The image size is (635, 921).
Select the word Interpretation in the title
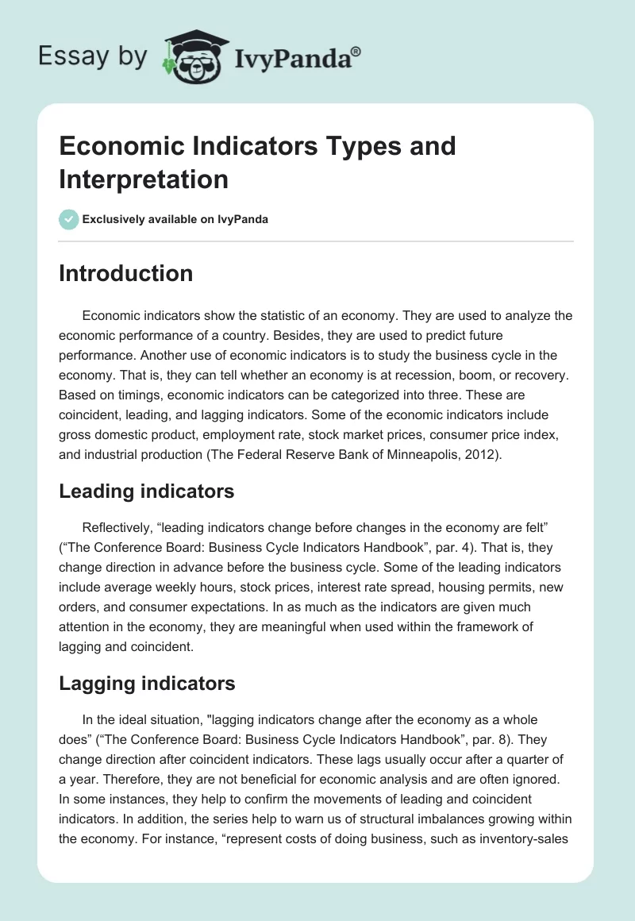pos(144,179)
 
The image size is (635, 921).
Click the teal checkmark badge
pos(69,219)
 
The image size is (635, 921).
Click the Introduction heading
pos(125,273)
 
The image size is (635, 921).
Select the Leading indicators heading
pos(146,491)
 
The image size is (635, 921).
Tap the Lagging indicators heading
pos(147,683)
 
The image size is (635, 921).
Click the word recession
pos(432,375)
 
